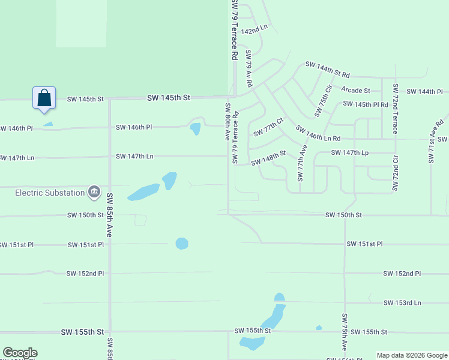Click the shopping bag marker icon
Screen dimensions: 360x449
tap(44, 98)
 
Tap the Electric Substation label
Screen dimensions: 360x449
tap(50, 193)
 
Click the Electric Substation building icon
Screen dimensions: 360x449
tap(94, 192)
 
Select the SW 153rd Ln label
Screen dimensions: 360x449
tap(403, 303)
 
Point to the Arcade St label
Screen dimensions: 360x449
tap(355, 91)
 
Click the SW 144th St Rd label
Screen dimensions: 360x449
tap(327, 69)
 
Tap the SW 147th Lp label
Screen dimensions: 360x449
tap(349, 153)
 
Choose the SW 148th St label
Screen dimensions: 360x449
tap(268, 158)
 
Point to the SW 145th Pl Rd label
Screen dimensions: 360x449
tap(366, 104)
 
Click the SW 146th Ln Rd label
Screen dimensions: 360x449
tap(318, 134)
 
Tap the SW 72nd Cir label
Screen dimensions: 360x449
tap(395, 174)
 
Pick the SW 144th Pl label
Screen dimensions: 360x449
tap(424, 91)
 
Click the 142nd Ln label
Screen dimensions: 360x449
tap(253, 30)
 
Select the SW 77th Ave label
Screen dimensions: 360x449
tap(302, 163)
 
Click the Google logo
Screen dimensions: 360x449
tap(20, 353)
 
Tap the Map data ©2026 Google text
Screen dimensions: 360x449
tap(412, 355)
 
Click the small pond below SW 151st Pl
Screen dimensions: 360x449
tap(182, 243)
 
